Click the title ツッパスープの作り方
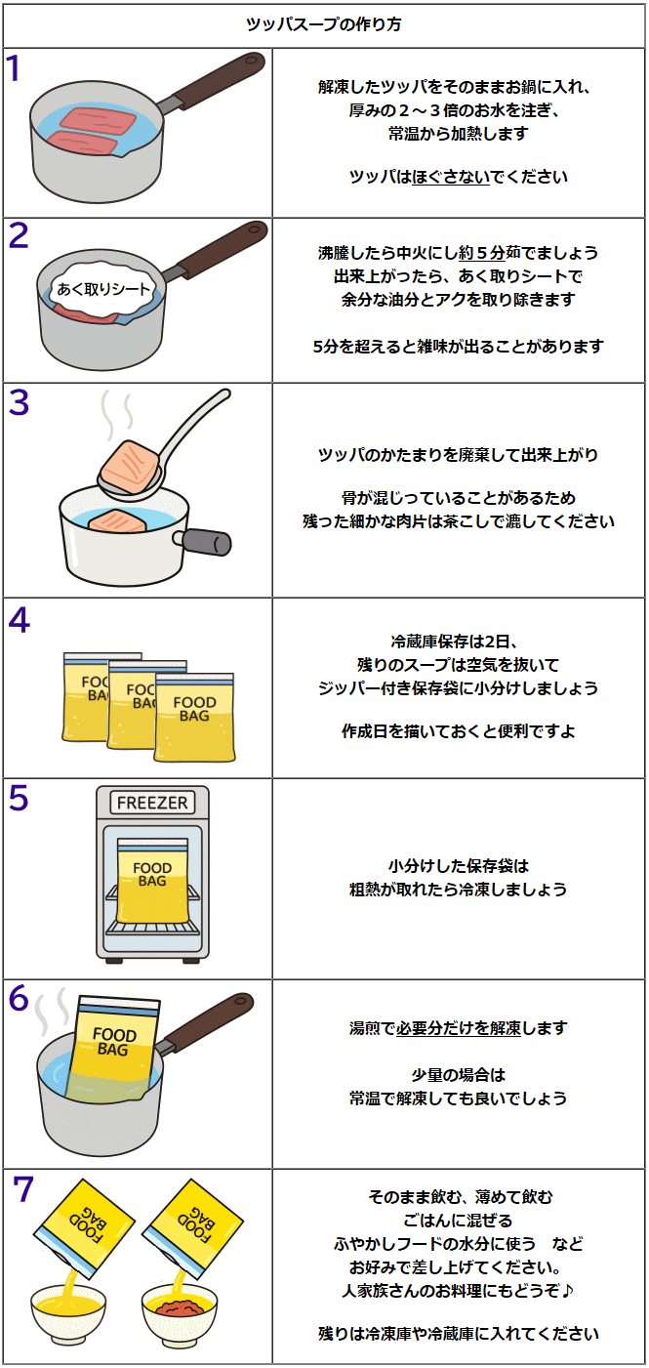coord(323,24)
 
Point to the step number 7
coord(23,1189)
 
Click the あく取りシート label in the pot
coord(103,289)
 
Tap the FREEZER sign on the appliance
coord(151,803)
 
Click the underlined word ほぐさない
coord(451,177)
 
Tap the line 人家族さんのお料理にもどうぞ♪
coord(458,1291)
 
